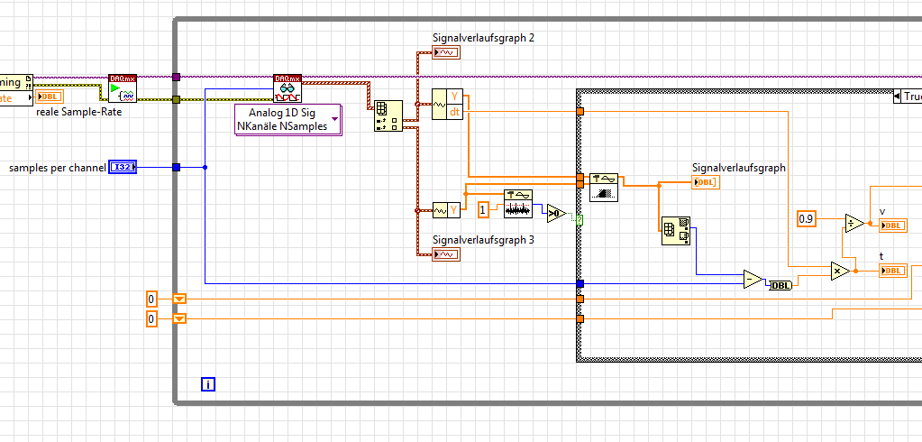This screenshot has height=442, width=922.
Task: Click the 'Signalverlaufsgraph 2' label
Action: tap(483, 38)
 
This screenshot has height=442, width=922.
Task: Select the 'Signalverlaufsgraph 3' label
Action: tap(483, 240)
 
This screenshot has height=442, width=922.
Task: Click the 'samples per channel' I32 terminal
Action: tap(122, 167)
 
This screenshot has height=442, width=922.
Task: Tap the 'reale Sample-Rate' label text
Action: tap(78, 112)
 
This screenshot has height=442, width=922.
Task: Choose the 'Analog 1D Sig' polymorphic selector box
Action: tap(288, 119)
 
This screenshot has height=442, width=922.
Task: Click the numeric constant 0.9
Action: tap(806, 218)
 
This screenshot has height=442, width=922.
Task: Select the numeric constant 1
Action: tap(483, 210)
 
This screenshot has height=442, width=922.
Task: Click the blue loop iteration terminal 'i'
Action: tap(208, 384)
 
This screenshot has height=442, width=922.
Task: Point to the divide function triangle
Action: tap(853, 223)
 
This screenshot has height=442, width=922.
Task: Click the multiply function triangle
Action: tap(840, 271)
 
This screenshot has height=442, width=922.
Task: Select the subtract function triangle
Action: tap(753, 280)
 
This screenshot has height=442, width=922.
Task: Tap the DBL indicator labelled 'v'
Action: tap(892, 226)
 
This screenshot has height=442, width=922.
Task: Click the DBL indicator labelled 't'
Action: tap(892, 271)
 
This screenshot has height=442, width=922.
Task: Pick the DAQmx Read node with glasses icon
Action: tap(288, 88)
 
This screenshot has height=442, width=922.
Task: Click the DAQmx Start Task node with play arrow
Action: tap(123, 88)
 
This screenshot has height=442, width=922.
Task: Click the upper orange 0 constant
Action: tap(151, 299)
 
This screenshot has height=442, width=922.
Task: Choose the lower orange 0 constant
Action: tap(151, 318)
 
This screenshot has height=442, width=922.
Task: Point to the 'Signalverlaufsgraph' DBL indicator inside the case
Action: tap(705, 182)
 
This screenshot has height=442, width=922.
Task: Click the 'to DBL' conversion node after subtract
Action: tap(780, 286)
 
